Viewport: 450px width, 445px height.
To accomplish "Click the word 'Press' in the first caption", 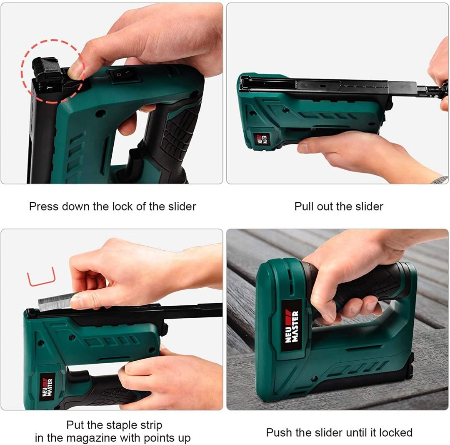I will (44, 206).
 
